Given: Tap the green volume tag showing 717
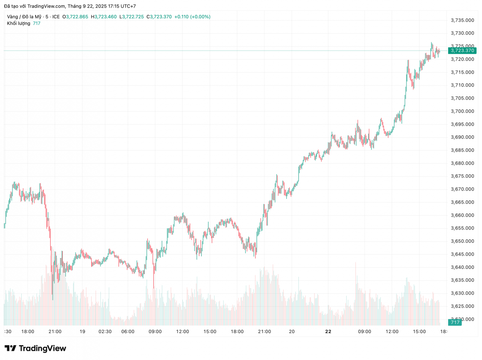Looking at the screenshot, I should [455, 323].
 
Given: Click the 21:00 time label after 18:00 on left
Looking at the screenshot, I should [55, 331].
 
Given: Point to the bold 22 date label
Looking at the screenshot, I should [328, 331].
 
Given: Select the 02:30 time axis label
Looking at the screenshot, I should [105, 331].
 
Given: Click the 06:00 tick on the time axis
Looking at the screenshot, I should [128, 331].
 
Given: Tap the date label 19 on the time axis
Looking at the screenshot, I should [82, 331].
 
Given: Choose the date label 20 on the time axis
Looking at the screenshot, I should [292, 331].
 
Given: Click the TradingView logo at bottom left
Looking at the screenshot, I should [35, 348].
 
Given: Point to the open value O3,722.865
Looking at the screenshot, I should [76, 16].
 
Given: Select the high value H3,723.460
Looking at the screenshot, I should [104, 16].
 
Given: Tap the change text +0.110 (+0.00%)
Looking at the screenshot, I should [192, 16].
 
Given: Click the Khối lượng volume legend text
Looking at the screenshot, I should [18, 23].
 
